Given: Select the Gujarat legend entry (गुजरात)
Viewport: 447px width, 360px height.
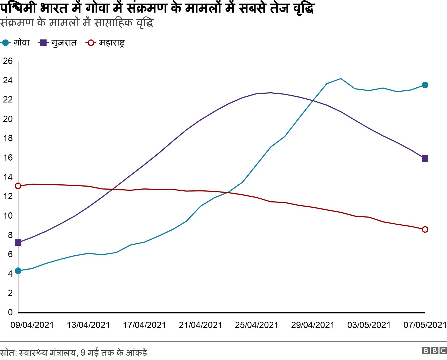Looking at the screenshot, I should pos(58,43).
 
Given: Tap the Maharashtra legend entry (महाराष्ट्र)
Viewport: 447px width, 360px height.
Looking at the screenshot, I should pos(106,43).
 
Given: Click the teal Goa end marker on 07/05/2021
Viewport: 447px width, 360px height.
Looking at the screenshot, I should pos(425,85).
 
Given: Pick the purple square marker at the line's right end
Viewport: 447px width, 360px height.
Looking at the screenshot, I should pos(425,159).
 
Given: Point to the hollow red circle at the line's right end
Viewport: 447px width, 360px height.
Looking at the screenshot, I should pos(425,230).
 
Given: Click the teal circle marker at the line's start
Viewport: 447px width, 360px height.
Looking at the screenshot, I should pos(18,271).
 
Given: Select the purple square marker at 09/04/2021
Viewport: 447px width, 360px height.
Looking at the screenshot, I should pos(18,242).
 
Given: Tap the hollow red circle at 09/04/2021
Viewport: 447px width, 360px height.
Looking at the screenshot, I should pos(18,186).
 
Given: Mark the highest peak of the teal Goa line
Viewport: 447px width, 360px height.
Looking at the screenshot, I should pos(341,79).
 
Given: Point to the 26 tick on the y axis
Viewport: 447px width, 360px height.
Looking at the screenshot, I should pos(8,61).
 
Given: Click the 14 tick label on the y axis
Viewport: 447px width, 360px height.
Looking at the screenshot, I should pos(8,177).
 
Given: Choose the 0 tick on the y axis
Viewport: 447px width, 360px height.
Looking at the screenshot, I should pos(10,312).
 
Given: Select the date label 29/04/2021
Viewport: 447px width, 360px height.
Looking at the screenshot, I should pos(313,325).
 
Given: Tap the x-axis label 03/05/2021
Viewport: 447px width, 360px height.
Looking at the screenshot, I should pos(369,325).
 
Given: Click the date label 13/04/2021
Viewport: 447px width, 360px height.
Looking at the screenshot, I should pos(88,325).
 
